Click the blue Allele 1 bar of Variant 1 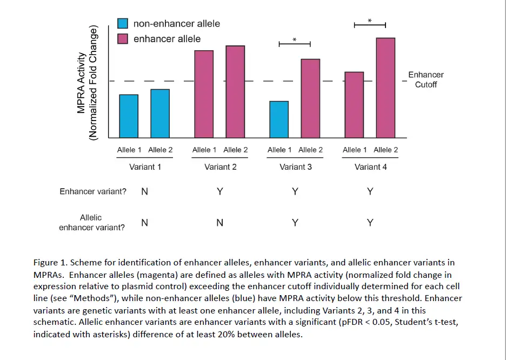[x=129, y=116]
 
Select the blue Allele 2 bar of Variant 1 [x=160, y=113]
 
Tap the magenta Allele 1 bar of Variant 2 [x=204, y=94]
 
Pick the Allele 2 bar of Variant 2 [x=235, y=91]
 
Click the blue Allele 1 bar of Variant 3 [x=279, y=119]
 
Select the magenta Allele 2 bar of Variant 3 [x=310, y=98]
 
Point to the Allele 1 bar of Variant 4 [x=354, y=104]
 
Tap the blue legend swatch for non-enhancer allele [x=123, y=24]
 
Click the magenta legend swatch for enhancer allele [x=123, y=39]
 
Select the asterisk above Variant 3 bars [x=295, y=40]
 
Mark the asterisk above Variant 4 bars [x=370, y=21]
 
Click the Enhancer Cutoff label [x=425, y=79]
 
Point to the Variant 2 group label [x=220, y=167]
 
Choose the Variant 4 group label [x=370, y=167]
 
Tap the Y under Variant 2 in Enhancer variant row [x=219, y=191]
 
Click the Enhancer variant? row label [x=92, y=191]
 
